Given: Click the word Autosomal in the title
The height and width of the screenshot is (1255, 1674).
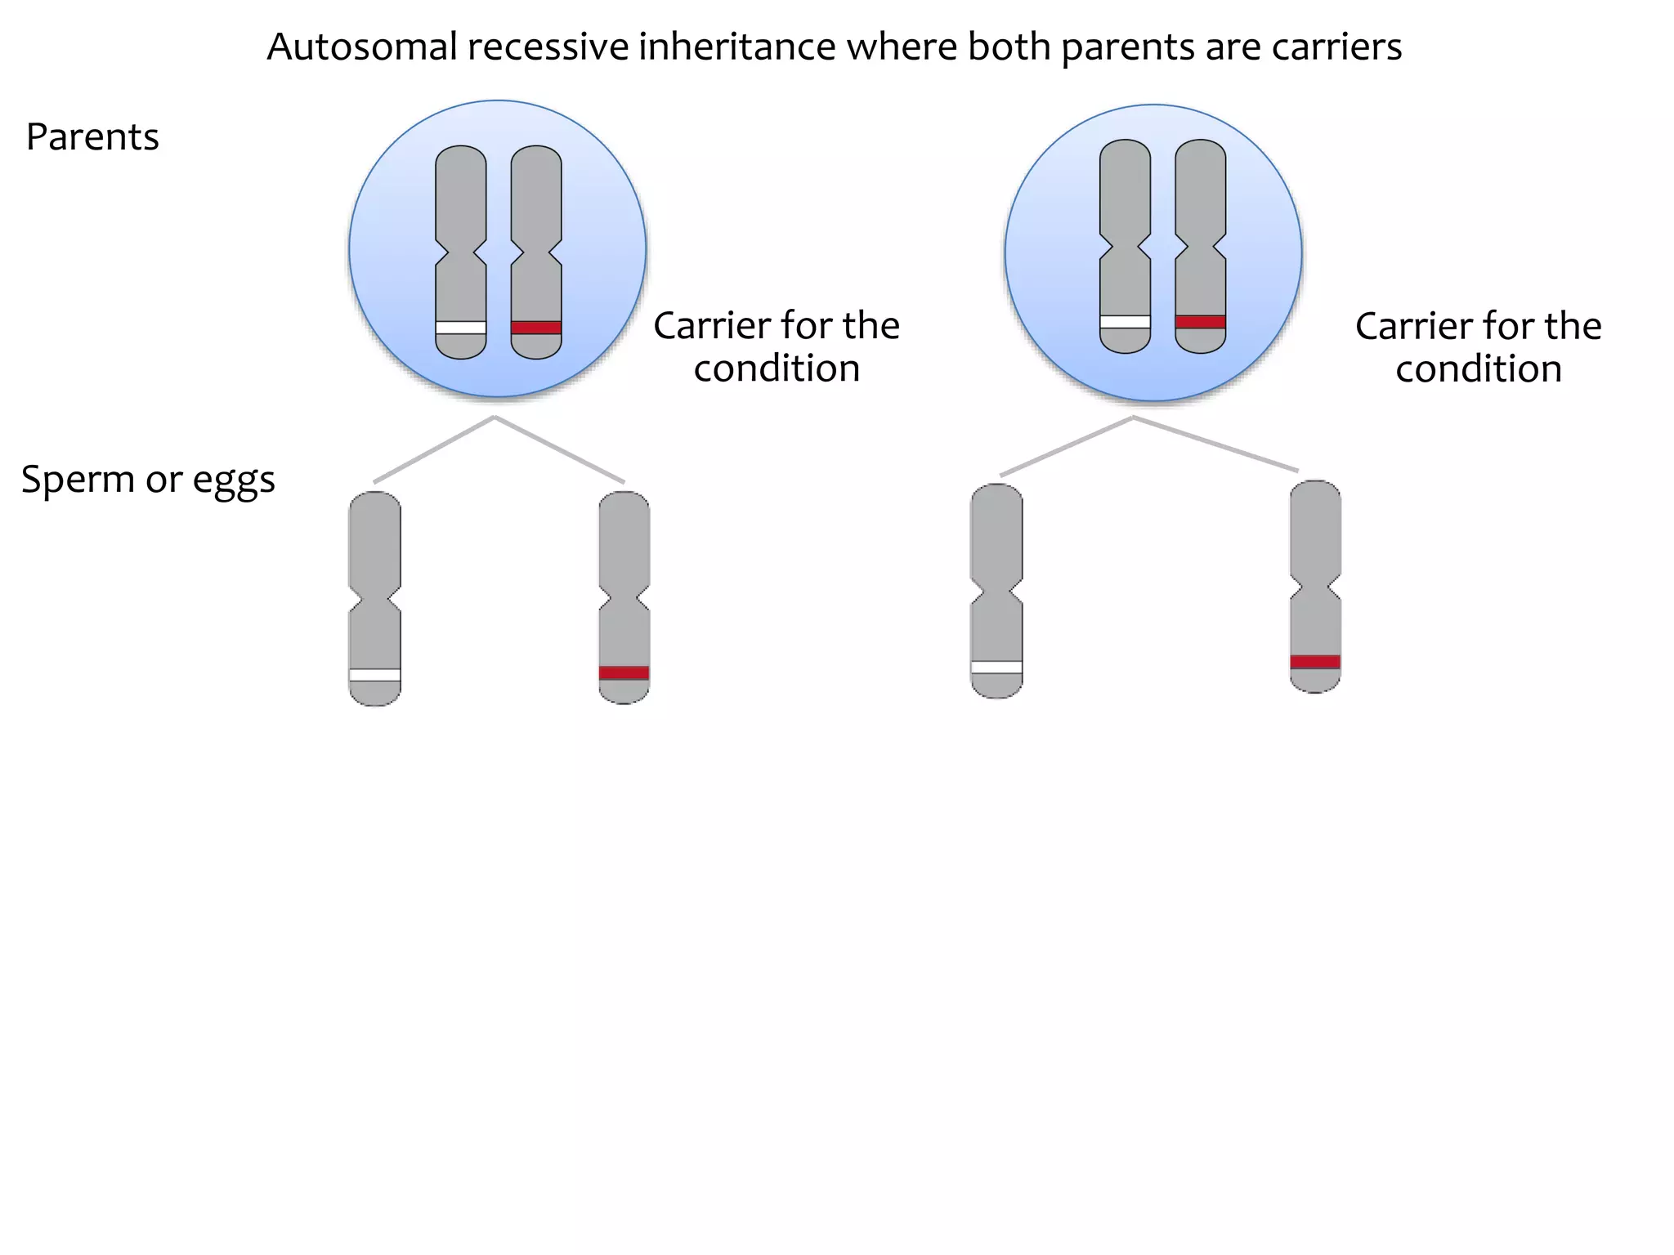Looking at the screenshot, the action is pyautogui.click(x=362, y=47).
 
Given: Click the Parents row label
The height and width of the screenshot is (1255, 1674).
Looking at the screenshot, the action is pyautogui.click(x=92, y=136).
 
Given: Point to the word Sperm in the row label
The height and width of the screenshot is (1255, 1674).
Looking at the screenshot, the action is pyautogui.click(x=78, y=480).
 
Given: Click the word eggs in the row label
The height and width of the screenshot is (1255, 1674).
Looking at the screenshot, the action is pyautogui.click(x=234, y=481).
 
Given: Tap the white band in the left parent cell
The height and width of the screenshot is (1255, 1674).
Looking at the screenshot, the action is pyautogui.click(x=461, y=328).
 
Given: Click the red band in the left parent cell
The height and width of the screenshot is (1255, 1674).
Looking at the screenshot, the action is pyautogui.click(x=536, y=328).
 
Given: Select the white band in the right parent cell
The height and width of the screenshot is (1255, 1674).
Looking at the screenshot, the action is pyautogui.click(x=1126, y=322).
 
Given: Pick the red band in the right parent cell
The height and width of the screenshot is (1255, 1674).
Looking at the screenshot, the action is pyautogui.click(x=1201, y=322).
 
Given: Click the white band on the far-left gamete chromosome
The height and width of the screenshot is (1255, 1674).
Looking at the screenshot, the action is pyautogui.click(x=375, y=675).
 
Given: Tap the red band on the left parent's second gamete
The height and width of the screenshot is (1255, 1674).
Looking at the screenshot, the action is pyautogui.click(x=624, y=673).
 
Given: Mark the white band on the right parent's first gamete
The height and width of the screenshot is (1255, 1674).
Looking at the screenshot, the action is pyautogui.click(x=997, y=668).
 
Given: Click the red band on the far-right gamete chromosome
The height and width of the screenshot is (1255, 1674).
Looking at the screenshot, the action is pyautogui.click(x=1315, y=662).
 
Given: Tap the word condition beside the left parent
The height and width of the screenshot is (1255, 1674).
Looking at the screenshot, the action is pyautogui.click(x=777, y=368).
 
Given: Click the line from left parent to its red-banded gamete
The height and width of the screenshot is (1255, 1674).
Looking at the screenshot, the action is pyautogui.click(x=560, y=450).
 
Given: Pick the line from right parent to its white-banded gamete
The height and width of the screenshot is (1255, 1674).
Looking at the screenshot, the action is pyautogui.click(x=1067, y=446).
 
